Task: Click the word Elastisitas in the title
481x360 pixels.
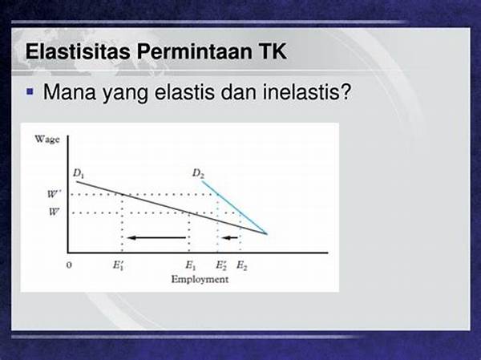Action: [78, 51]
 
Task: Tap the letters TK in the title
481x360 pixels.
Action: [270, 51]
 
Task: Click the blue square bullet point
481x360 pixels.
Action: [30, 91]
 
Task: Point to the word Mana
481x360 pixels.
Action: [70, 91]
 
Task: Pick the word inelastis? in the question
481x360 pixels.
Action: [306, 91]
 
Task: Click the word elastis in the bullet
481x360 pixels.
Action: [184, 91]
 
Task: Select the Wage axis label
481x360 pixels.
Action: [47, 140]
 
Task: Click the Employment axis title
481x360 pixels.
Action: [200, 279]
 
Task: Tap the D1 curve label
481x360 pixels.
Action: [79, 173]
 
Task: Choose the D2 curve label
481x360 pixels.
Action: [198, 173]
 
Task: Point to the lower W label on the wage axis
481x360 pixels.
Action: [54, 212]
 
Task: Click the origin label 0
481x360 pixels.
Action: [69, 265]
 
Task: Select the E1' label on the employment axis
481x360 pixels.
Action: [119, 265]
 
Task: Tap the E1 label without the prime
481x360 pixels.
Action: [191, 265]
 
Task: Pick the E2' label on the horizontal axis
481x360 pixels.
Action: [221, 265]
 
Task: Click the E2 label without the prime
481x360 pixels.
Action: [242, 265]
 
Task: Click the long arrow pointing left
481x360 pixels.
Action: [157, 237]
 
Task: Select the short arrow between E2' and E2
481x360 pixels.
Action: [230, 237]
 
